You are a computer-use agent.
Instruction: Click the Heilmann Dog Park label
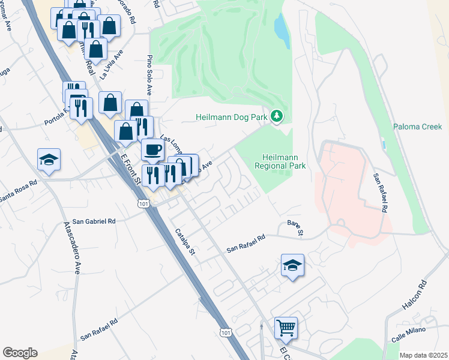(x=231, y=117)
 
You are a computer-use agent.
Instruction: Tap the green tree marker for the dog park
(x=277, y=115)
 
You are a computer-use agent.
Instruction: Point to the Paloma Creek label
(x=417, y=127)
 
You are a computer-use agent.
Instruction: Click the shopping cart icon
(x=286, y=328)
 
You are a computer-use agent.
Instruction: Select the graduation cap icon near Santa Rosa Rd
(x=49, y=160)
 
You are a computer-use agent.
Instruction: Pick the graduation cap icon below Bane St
(x=292, y=265)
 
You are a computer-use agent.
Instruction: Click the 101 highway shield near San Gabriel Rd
(x=143, y=205)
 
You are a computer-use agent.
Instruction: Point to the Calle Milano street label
(x=411, y=332)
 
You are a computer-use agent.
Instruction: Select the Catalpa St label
(x=185, y=241)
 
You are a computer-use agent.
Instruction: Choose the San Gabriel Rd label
(x=94, y=221)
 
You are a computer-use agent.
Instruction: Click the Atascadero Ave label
(x=71, y=248)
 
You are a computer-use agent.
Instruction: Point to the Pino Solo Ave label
(x=149, y=76)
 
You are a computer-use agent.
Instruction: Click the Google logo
(x=20, y=353)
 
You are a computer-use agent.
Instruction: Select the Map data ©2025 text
(x=423, y=355)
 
